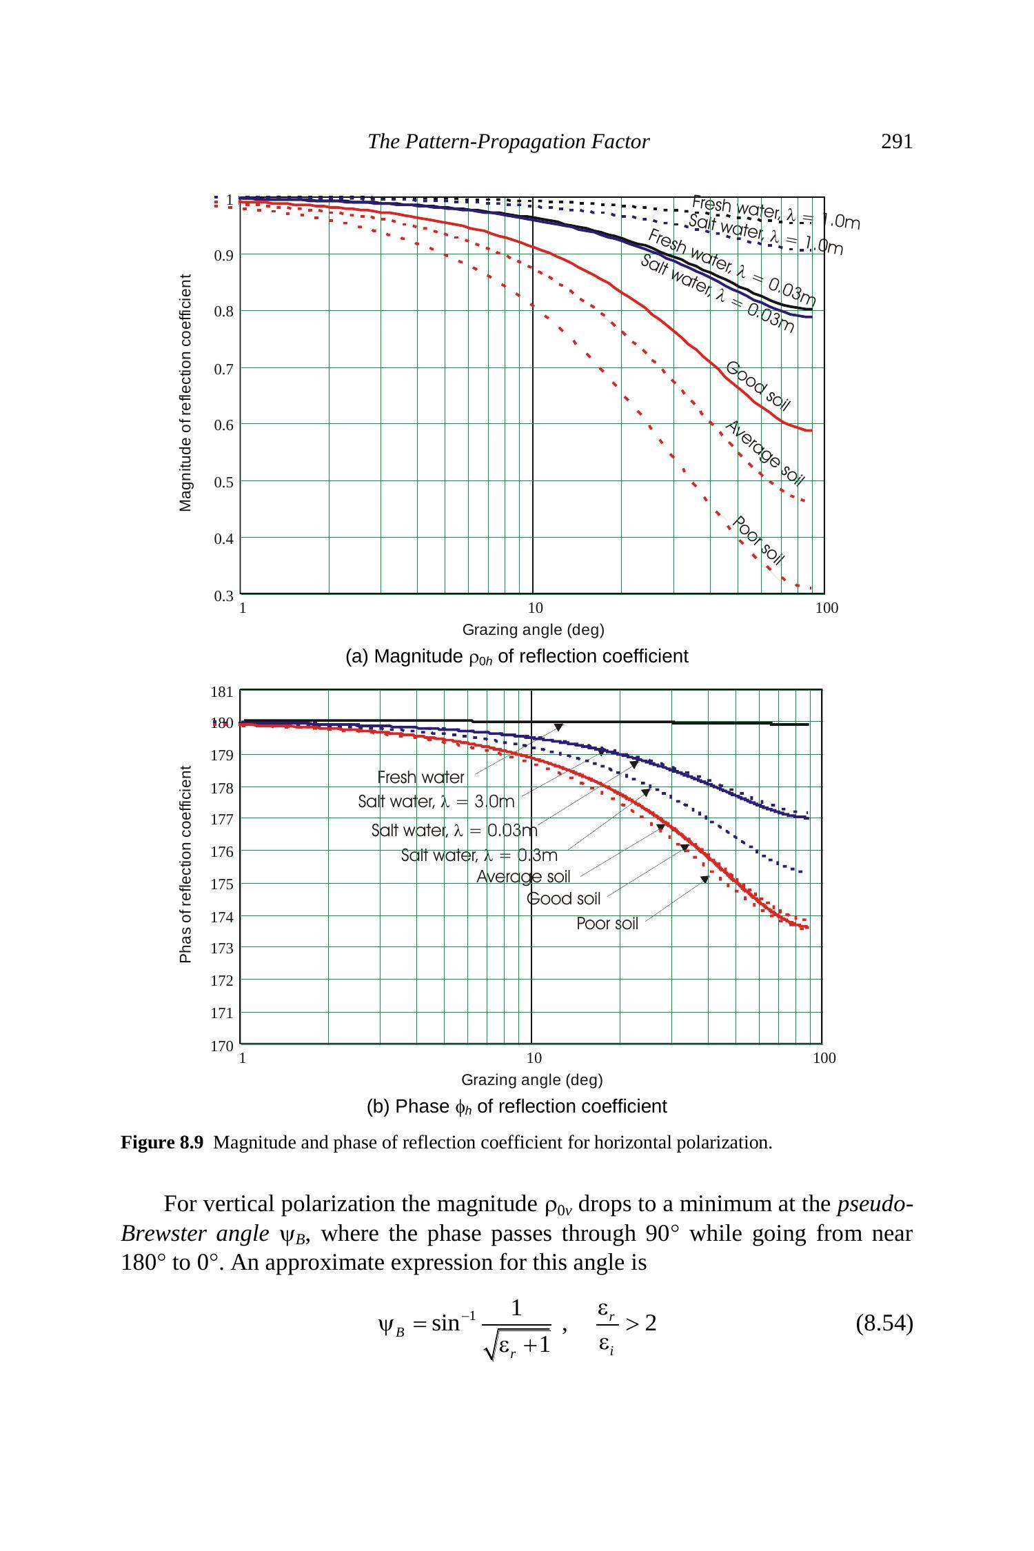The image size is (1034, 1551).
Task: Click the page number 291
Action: click(896, 142)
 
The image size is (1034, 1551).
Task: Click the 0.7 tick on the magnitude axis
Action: click(223, 369)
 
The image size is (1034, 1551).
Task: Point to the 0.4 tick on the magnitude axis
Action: click(223, 538)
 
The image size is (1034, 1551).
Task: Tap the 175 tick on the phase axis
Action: click(221, 884)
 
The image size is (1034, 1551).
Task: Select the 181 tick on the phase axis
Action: click(221, 692)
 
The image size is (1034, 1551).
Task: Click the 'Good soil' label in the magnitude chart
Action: click(758, 386)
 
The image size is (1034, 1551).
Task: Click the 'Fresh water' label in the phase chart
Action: click(420, 777)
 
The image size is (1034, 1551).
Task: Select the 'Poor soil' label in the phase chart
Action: click(607, 923)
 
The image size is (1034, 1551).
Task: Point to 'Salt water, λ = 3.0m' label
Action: click(436, 802)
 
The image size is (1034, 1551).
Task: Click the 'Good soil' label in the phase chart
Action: click(563, 899)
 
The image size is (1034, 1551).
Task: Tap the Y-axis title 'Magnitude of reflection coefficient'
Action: click(185, 393)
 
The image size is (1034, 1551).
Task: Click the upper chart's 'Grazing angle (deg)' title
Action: click(533, 629)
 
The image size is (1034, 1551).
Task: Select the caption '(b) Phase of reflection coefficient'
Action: click(516, 1106)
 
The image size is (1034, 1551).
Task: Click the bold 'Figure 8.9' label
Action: click(162, 1143)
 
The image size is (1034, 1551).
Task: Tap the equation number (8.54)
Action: click(884, 1324)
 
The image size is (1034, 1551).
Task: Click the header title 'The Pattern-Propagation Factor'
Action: click(508, 142)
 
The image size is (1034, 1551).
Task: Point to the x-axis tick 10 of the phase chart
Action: click(534, 1057)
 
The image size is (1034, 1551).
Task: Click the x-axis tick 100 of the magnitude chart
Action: click(827, 608)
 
